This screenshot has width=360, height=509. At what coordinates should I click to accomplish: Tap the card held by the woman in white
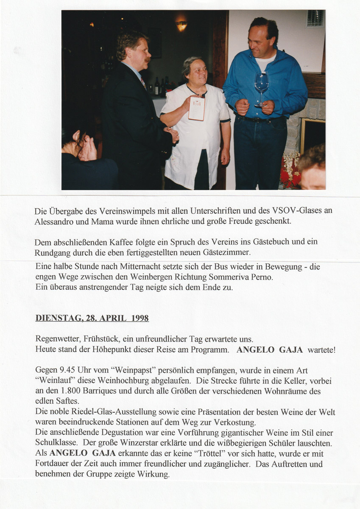[197, 108]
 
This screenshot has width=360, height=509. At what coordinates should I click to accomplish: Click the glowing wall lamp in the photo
[181, 26]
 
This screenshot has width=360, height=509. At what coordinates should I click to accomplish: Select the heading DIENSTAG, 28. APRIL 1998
[92, 318]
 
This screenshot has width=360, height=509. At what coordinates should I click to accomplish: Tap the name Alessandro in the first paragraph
[54, 221]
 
